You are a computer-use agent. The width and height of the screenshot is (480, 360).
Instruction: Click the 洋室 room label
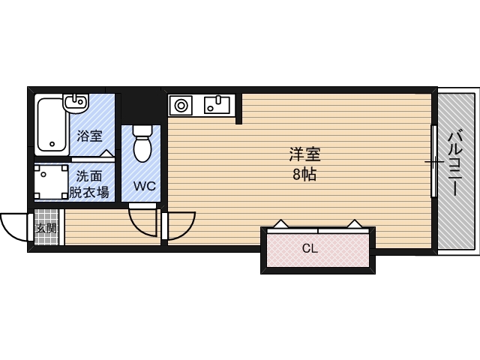(305, 155)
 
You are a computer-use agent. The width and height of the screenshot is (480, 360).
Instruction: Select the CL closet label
(309, 248)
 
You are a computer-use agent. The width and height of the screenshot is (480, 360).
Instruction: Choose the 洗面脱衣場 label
(91, 184)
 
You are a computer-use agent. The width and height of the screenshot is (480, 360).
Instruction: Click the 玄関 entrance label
(46, 228)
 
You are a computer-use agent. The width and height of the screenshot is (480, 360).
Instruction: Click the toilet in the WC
(142, 142)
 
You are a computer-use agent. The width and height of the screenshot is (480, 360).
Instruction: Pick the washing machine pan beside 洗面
(50, 181)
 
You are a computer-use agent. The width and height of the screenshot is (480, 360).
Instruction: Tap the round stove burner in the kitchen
(181, 106)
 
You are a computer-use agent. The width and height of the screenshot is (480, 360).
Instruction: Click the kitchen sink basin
(217, 104)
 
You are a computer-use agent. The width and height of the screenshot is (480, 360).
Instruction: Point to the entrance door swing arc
(13, 226)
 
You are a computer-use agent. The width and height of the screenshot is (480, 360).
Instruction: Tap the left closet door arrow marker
(280, 223)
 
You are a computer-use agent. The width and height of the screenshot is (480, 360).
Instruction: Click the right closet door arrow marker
(352, 223)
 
